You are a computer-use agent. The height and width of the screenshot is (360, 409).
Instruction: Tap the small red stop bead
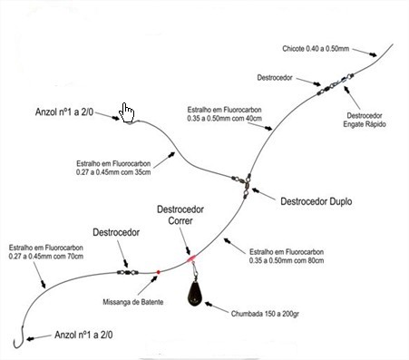[x=158, y=272]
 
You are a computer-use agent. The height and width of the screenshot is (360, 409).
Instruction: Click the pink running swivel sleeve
[x=191, y=258]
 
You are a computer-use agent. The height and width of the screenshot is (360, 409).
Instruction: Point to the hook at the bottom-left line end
[x=19, y=337]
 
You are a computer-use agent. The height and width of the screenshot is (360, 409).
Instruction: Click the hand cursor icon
[x=126, y=112]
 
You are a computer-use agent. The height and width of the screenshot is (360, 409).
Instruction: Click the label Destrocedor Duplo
[x=316, y=201]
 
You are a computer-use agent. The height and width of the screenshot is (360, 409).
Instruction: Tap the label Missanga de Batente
[x=133, y=302]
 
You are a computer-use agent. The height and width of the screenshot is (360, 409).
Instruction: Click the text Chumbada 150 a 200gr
[x=265, y=314]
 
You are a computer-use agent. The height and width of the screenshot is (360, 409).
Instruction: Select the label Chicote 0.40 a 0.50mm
[x=316, y=48]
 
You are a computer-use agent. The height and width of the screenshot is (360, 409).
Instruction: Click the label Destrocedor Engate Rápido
[x=365, y=120]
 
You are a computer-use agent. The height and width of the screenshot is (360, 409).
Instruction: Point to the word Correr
[x=180, y=220]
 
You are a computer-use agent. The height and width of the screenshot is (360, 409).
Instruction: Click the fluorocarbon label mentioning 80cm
[x=287, y=256]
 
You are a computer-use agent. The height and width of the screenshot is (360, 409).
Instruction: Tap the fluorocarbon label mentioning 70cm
[x=46, y=252]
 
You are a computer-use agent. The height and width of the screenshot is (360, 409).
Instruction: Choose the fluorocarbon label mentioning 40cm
[x=224, y=114]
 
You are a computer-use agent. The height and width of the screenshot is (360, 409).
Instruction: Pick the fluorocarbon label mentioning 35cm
[x=113, y=168]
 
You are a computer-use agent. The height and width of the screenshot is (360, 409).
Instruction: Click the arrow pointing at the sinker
[x=217, y=307]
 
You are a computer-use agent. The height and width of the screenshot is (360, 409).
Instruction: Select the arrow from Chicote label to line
[x=365, y=52]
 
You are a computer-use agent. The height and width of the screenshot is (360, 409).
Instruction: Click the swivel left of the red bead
[x=128, y=272]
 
